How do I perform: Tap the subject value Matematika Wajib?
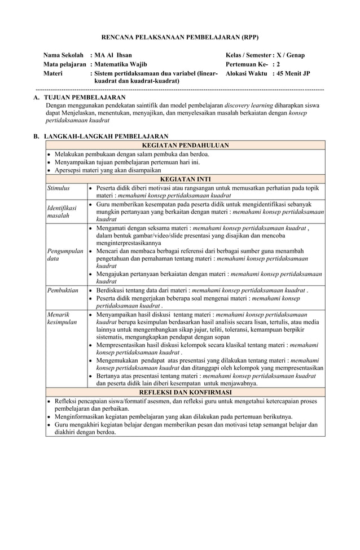coord(120,64)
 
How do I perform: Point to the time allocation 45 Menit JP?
coord(291,73)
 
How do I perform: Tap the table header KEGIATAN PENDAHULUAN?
coord(185,145)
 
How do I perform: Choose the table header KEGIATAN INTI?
coord(185,179)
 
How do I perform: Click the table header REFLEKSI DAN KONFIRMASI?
coord(185,392)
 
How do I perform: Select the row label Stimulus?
coord(59,188)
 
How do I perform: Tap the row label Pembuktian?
coord(63,290)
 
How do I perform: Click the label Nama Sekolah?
coord(64,55)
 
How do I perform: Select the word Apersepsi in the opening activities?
coord(69,170)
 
